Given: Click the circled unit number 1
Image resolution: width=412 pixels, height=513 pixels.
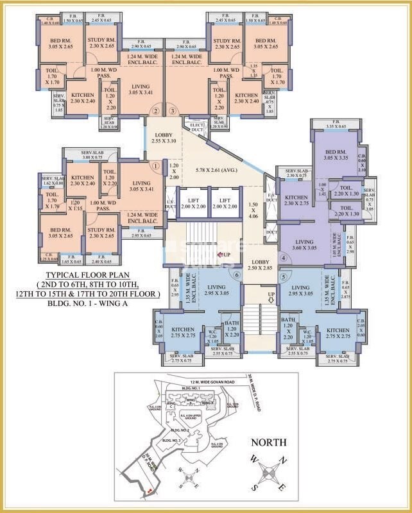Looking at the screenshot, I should pos(155,165).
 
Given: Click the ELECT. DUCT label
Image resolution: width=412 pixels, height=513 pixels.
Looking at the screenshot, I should pos(194,126).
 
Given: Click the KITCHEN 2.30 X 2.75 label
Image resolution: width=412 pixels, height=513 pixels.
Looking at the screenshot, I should pos(296,200).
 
